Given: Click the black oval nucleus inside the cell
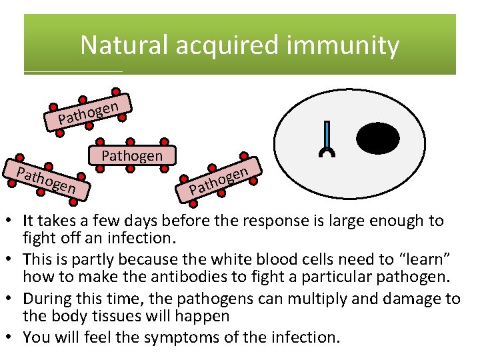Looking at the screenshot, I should click(x=378, y=139).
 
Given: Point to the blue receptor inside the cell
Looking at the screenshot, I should click(x=327, y=139).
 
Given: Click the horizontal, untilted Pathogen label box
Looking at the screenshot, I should click(x=131, y=156).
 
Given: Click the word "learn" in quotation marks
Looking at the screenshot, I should click(x=406, y=258).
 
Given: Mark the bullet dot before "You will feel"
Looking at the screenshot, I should click(x=13, y=337).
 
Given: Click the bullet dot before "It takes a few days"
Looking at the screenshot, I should click(x=13, y=220).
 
